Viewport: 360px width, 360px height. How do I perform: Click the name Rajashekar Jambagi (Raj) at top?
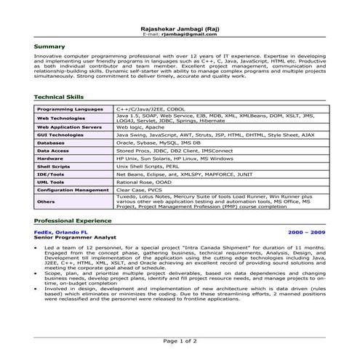pos(179,27)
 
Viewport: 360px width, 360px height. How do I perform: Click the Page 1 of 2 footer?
pos(179,340)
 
